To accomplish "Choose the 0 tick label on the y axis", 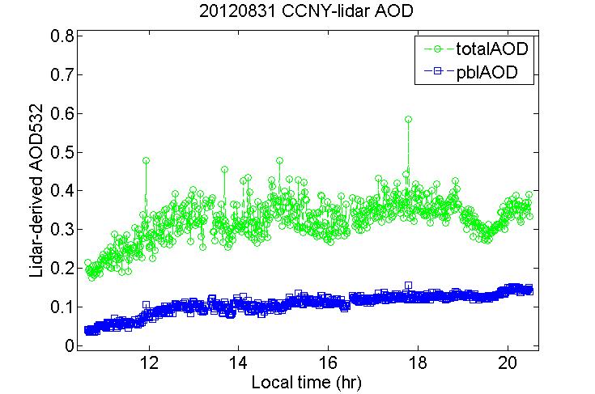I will (x=70, y=346).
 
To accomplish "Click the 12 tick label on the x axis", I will (x=149, y=362).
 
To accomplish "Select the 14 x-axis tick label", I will (x=238, y=362).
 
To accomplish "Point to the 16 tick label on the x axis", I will (x=328, y=362).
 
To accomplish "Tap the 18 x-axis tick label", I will (x=418, y=362).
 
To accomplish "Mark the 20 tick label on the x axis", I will (x=508, y=362).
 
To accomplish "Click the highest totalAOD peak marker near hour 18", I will (x=409, y=120).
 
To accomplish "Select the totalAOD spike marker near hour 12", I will (x=146, y=161).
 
